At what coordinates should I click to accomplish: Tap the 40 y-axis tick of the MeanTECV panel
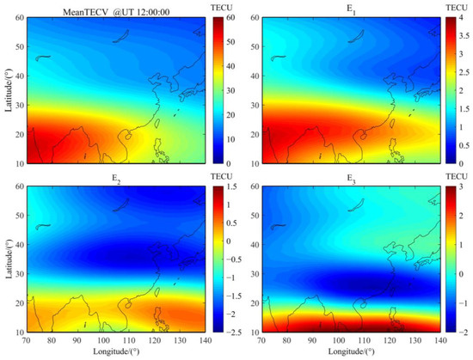[20, 76]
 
